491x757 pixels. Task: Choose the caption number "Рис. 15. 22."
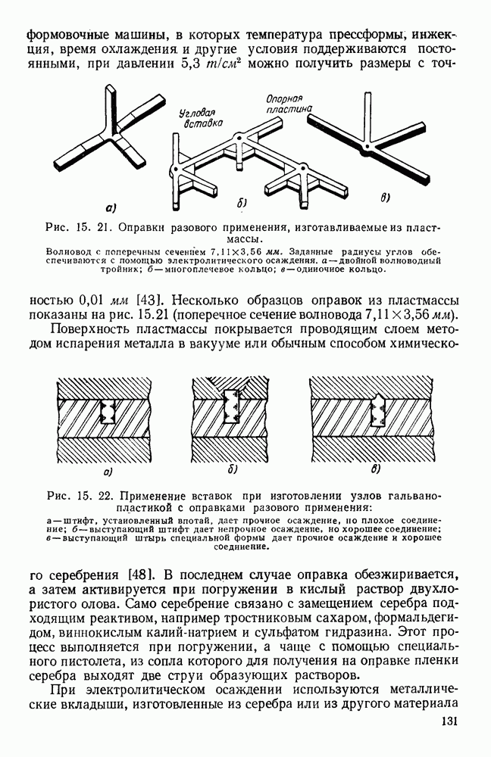point(80,497)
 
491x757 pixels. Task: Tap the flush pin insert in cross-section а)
point(108,413)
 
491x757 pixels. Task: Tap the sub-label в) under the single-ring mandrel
point(385,199)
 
